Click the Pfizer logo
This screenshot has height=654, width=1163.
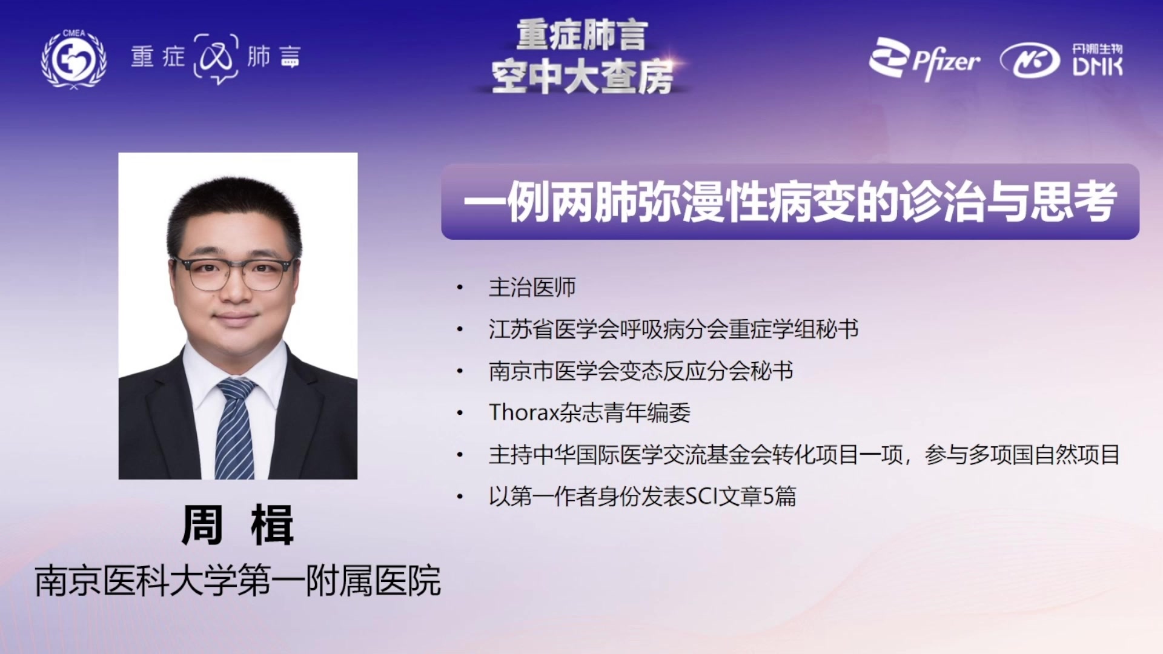click(x=924, y=59)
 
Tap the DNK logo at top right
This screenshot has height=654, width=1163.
click(x=1061, y=60)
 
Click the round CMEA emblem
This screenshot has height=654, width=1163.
click(x=73, y=59)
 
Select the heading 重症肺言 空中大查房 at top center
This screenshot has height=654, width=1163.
click(x=582, y=57)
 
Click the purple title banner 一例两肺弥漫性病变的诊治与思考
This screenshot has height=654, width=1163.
click(x=790, y=202)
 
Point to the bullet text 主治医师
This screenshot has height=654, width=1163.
click(x=532, y=287)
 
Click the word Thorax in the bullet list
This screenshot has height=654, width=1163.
click(x=523, y=412)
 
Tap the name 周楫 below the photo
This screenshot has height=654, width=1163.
click(x=237, y=525)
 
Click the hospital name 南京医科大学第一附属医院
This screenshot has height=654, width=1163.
click(x=237, y=581)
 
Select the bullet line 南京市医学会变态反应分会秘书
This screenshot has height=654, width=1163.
click(x=641, y=371)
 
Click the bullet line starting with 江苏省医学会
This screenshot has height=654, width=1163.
click(x=673, y=329)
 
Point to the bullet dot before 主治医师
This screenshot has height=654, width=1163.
click(x=460, y=288)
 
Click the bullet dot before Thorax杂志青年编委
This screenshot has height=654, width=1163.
click(x=460, y=413)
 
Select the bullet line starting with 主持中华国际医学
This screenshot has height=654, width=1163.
click(x=804, y=454)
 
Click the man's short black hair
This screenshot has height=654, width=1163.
click(x=234, y=206)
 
